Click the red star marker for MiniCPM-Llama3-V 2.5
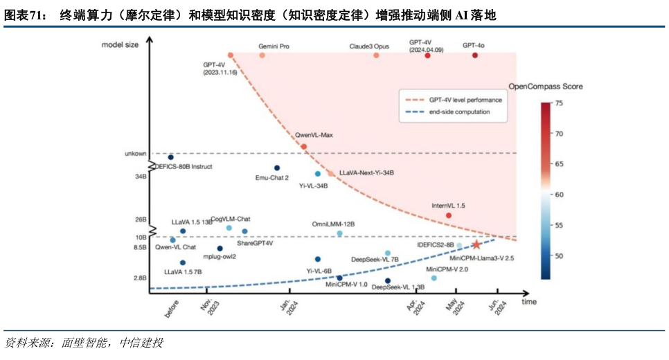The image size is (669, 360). point(476,244)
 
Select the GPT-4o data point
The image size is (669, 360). point(475,55)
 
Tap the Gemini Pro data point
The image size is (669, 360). point(262,55)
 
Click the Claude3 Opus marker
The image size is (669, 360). point(376,55)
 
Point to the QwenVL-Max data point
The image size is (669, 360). point(304,146)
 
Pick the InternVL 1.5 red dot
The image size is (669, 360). point(449,215)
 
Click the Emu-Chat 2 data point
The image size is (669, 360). point(277,168)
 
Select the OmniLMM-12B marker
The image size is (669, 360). point(339,234)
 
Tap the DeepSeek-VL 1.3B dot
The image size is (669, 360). point(388,280)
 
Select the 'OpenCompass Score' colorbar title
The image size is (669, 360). point(545,87)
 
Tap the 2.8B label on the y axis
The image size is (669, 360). point(140,278)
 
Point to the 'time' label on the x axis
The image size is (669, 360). point(529,302)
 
